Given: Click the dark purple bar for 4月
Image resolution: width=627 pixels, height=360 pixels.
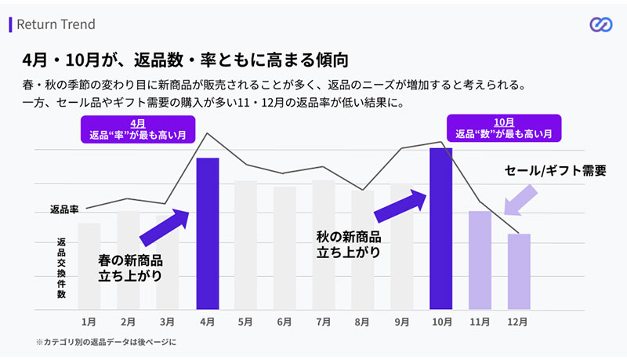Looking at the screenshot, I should (x=207, y=233).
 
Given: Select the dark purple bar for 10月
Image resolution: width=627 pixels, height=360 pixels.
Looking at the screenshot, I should (x=440, y=228).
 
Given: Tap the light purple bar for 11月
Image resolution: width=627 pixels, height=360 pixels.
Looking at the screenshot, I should (x=480, y=260).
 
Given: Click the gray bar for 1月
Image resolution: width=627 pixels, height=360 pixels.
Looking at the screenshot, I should (x=89, y=266).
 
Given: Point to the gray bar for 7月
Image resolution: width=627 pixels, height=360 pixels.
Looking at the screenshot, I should (x=323, y=244).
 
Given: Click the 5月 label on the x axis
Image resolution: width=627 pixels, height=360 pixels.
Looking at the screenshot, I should (x=245, y=322).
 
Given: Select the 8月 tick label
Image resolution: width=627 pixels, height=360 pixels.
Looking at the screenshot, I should (x=362, y=322).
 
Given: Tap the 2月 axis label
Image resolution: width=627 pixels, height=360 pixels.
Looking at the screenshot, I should (x=129, y=322).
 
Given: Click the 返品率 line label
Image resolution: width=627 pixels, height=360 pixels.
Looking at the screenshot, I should (x=65, y=209).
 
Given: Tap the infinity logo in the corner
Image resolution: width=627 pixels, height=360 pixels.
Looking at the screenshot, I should (x=600, y=25).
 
